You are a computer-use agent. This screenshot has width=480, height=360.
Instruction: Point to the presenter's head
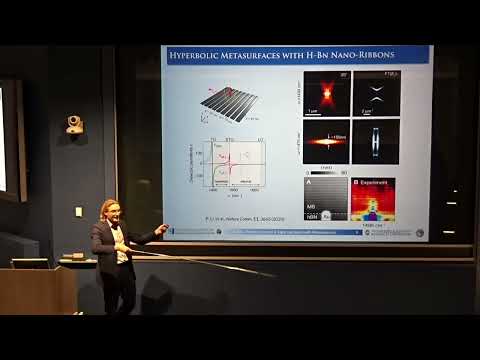point(109,210)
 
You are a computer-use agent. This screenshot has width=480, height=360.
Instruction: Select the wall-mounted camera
point(74,124)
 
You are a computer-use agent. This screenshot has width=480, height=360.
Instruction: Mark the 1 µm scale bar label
point(313,112)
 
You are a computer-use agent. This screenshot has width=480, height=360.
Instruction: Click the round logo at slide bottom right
point(420,233)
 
